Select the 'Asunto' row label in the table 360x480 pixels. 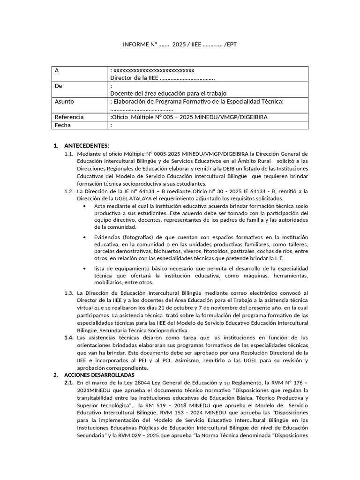[x=64, y=102]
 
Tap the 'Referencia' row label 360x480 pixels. [x=69, y=117]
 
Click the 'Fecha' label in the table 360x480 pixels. [x=63, y=125]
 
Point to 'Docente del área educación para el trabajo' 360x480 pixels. [x=168, y=93]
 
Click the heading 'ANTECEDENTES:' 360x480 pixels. [x=86, y=145]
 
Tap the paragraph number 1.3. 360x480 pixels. [x=69, y=293]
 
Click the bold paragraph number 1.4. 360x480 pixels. [x=69, y=337]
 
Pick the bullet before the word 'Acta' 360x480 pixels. [x=84, y=206]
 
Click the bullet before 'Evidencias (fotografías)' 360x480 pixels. [x=84, y=237]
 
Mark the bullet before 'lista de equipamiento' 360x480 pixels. [x=84, y=269]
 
